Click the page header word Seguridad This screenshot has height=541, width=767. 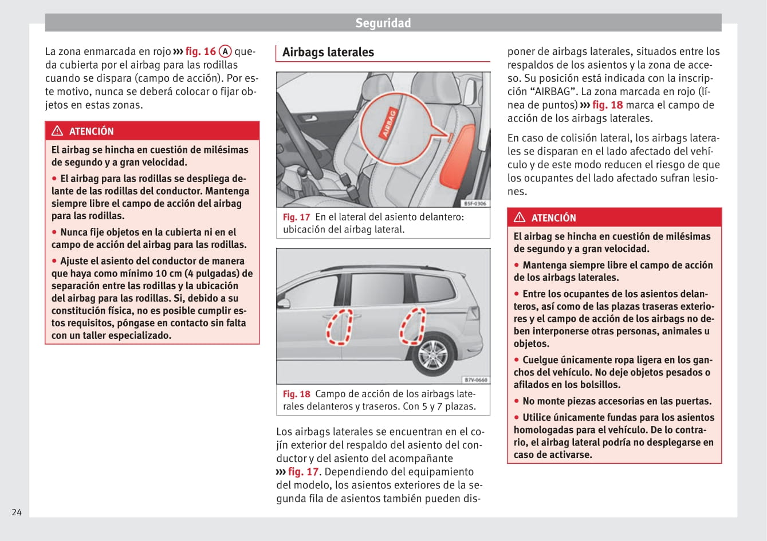coord(383,23)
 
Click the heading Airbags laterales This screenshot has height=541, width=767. coord(328,52)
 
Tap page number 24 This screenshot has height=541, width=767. coord(17,512)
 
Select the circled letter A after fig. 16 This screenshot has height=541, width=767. coord(226,52)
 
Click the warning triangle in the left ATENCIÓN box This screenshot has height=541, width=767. coord(57,131)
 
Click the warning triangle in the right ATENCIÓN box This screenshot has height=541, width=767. coord(520,218)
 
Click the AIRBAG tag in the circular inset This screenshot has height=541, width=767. coord(389,123)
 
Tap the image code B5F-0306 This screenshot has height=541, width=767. coord(475,203)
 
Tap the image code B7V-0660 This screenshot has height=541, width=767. coord(475,380)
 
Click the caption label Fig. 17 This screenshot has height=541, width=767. coord(296,217)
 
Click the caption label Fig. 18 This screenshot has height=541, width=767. coord(296,394)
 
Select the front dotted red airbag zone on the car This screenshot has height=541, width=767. coord(339,327)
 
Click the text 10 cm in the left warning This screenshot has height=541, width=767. coord(170,273)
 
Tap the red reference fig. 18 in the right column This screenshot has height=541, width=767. coord(607,105)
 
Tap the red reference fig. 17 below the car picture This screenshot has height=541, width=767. coord(303,472)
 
